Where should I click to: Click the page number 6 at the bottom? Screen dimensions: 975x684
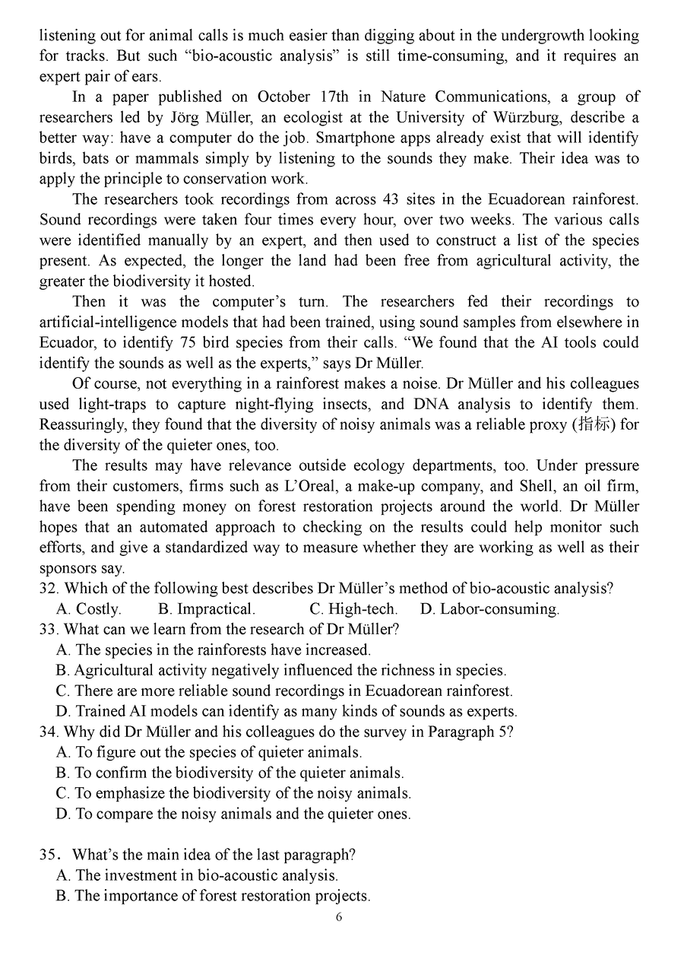[339, 916]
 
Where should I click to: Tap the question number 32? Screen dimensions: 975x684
[49, 588]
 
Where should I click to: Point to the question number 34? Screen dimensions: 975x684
[49, 732]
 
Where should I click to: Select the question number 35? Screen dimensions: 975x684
[49, 854]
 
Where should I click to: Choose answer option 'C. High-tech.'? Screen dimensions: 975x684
[353, 608]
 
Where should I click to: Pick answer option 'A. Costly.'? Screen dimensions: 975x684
[89, 608]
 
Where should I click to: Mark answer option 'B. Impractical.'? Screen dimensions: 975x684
[207, 608]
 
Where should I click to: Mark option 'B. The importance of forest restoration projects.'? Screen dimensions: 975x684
[214, 895]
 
